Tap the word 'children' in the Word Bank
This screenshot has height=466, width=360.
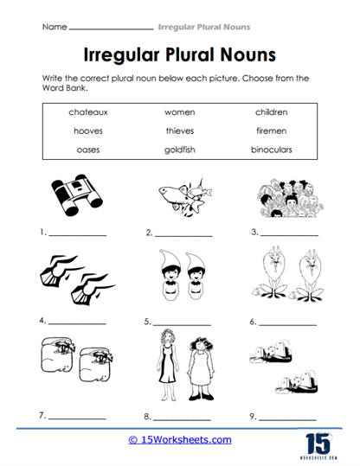271,112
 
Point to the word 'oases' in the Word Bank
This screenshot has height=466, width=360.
84,149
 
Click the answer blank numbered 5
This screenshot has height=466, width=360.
183,323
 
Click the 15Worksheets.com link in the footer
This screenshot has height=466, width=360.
180,440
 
